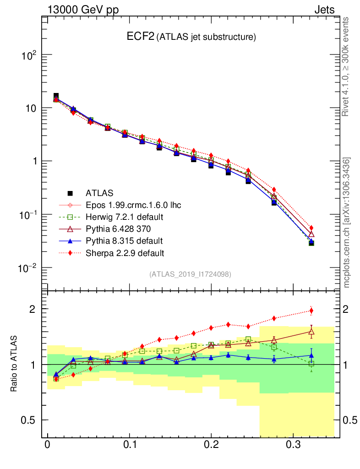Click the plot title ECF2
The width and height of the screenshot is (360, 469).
141,37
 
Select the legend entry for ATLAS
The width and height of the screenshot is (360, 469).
100,193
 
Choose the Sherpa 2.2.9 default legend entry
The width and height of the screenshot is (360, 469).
125,252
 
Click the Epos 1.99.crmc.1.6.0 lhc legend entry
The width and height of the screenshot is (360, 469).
133,205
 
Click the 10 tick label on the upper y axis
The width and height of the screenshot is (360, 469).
29,109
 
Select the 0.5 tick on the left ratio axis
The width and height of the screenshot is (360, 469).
28,420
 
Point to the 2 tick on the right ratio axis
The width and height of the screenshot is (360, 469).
349,309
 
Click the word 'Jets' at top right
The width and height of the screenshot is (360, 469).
324,10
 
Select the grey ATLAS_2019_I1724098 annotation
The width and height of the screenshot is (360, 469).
190,274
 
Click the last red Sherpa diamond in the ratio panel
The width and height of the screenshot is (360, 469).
311,311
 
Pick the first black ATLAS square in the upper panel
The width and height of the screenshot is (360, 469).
56,96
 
